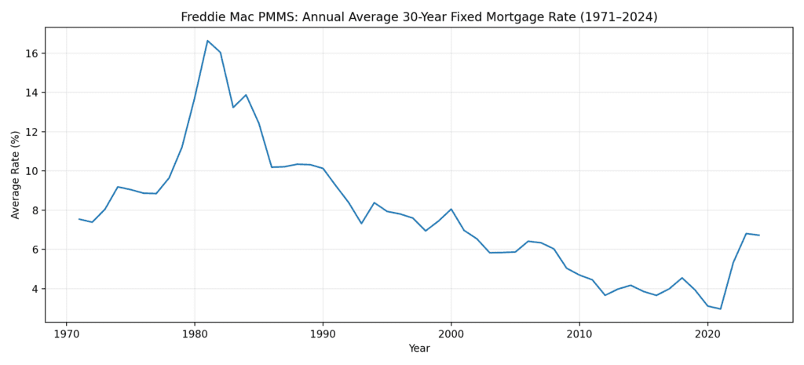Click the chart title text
coord(418,17)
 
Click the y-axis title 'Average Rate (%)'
coord(16,174)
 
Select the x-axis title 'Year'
coord(418,349)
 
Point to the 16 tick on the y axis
coord(31,53)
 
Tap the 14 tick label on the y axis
coord(31,93)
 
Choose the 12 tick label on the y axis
coord(31,132)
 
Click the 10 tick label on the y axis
coord(31,171)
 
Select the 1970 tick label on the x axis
coord(66,333)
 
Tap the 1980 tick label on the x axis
coord(195,333)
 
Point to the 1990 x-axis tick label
coord(323,333)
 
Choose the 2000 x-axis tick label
coord(451,333)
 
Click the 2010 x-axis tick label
coord(579,333)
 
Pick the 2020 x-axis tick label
coord(707,333)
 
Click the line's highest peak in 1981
coord(207,41)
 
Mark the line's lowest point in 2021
coord(720,308)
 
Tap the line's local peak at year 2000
coord(451,209)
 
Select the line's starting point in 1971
coord(79,219)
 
